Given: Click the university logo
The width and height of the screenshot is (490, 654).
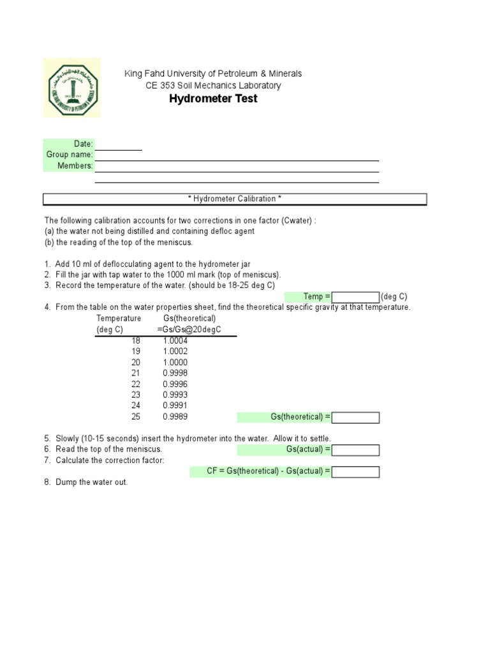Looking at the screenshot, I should click(72, 87).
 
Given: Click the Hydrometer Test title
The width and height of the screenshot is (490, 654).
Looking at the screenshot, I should click(213, 99).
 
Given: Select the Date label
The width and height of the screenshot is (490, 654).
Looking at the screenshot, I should click(84, 144).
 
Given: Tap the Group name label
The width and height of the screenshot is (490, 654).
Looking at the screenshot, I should click(70, 155).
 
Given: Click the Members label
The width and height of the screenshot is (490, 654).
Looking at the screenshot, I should click(75, 166).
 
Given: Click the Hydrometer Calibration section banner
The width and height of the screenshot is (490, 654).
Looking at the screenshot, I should click(235, 199).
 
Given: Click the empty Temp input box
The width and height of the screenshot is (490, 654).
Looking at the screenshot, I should click(355, 297).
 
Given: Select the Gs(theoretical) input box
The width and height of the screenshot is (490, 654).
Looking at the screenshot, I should click(355, 418).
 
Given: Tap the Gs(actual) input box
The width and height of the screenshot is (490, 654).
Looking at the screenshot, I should click(355, 450).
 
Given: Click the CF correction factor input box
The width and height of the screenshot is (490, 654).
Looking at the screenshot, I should click(355, 472).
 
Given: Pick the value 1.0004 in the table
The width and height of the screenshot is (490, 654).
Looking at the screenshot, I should click(175, 340).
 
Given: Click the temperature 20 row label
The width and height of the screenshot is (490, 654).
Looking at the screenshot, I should click(135, 362).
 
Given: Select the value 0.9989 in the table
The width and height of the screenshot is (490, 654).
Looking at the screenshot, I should click(175, 416).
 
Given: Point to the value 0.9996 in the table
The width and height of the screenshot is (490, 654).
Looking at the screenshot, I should click(175, 384).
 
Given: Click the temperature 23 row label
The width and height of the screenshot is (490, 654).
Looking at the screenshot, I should click(135, 395).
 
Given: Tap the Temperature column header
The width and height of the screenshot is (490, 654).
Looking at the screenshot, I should click(119, 318).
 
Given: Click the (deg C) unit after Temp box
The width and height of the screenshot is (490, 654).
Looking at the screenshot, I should click(394, 297).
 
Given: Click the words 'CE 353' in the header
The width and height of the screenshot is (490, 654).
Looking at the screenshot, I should click(160, 86).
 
